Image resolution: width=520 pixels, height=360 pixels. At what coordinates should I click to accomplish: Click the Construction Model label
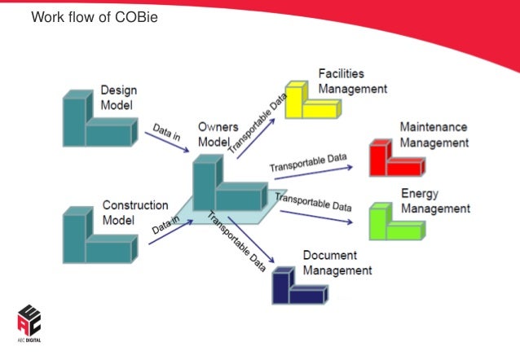135,213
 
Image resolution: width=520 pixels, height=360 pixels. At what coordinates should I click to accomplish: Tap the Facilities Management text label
352,81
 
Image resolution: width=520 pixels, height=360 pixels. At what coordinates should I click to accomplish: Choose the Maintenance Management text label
434,135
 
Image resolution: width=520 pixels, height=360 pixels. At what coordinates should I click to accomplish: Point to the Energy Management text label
435,201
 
